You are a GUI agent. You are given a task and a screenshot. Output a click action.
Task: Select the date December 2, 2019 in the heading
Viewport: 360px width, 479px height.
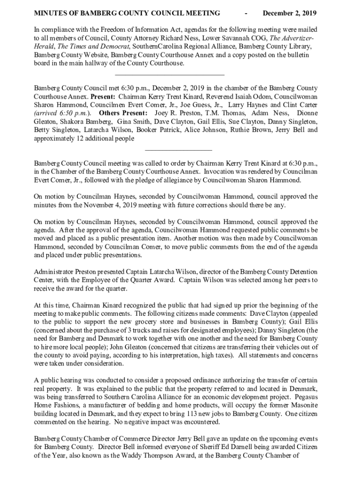click(x=290, y=13)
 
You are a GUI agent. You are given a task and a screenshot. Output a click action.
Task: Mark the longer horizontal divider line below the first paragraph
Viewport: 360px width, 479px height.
click(x=169, y=75)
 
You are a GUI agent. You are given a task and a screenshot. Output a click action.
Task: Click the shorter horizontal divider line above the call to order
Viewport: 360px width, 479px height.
click(x=179, y=150)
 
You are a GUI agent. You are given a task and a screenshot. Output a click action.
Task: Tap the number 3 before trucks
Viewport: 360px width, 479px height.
click(x=121, y=330)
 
